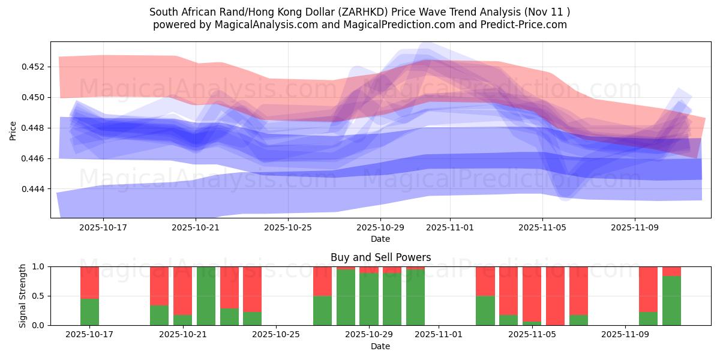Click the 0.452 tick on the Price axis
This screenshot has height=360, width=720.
35,67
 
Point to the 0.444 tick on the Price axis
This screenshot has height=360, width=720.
35,189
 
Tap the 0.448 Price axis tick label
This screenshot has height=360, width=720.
35,128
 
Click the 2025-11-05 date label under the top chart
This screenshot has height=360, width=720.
542,228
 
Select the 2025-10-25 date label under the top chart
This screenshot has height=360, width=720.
288,228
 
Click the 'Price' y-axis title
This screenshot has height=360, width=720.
13,130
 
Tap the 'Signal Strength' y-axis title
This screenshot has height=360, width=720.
22,296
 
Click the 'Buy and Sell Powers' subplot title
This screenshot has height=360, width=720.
380,257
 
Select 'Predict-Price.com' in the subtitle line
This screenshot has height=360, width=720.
526,25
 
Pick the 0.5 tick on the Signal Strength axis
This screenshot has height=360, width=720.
38,296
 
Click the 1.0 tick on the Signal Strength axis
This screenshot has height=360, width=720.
38,266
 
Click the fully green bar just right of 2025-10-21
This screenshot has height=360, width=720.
206,296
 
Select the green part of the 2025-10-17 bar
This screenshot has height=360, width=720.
89,312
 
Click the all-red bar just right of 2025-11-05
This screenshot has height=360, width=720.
555,296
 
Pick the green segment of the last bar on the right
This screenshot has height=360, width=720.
671,301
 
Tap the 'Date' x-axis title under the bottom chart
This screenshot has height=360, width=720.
380,346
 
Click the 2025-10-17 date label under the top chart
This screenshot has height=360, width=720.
103,228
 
